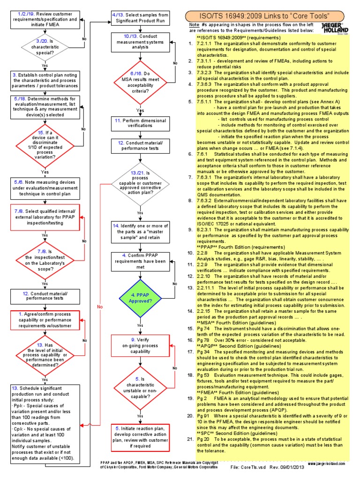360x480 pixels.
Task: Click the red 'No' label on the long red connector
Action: point(99,306)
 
